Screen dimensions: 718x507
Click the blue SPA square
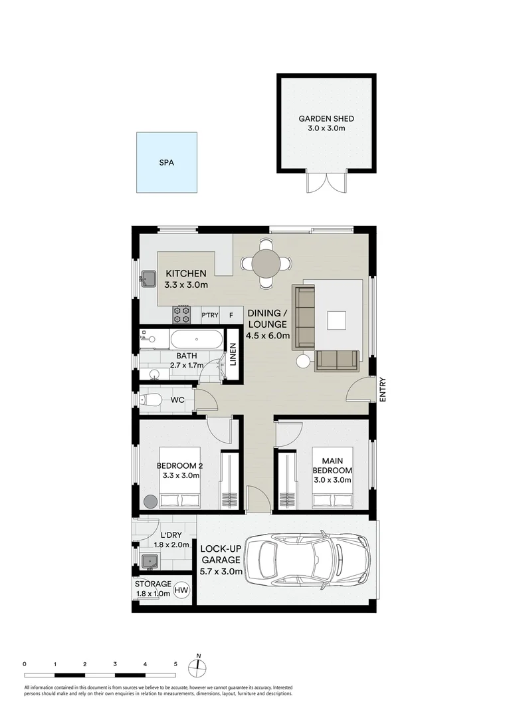167,162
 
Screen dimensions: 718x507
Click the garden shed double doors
326,182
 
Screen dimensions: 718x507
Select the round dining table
266,264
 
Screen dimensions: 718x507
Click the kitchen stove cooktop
181,314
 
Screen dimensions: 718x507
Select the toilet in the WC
152,400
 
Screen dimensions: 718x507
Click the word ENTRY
383,390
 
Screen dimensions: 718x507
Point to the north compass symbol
198,667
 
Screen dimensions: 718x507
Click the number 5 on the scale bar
175,663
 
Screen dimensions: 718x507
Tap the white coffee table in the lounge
336,320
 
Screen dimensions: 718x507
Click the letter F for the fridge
231,315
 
